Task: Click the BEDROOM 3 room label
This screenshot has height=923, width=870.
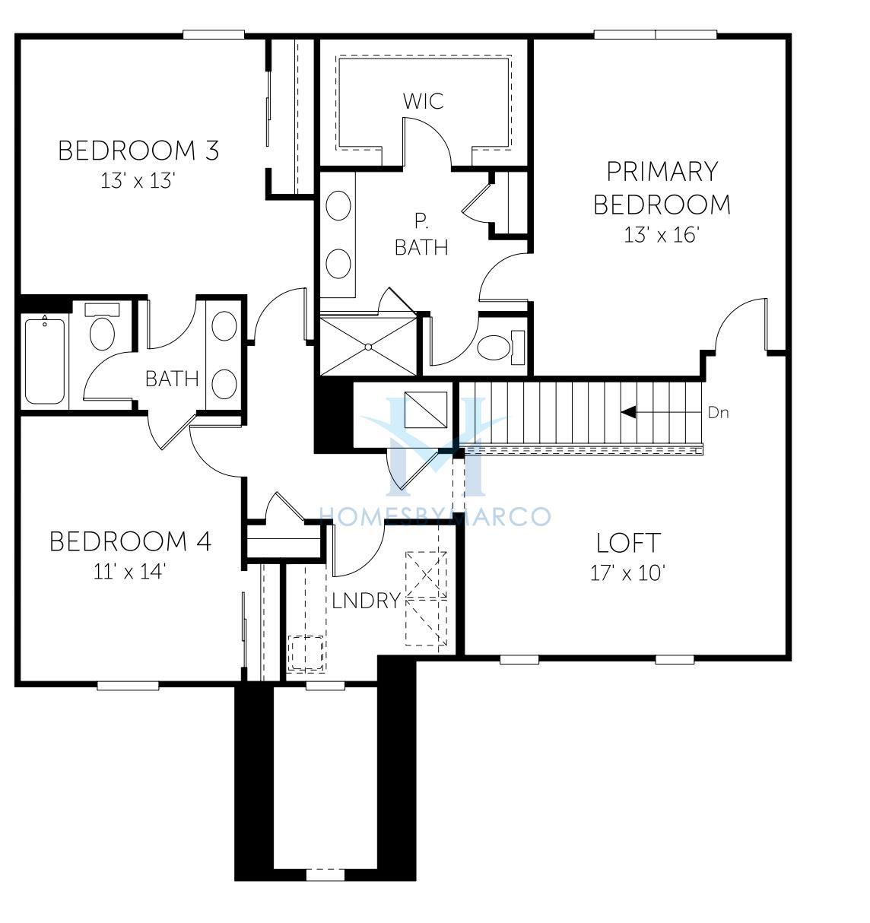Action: (138, 151)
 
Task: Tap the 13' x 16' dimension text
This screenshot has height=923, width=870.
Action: (661, 235)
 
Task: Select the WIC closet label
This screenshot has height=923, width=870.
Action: (423, 101)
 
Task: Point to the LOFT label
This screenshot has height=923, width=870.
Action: (628, 543)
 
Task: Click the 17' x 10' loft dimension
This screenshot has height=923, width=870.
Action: (628, 573)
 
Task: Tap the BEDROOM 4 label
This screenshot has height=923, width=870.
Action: (130, 542)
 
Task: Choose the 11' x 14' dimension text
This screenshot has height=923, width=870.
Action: (130, 572)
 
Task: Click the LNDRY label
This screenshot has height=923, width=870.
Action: (367, 601)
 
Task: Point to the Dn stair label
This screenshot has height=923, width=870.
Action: (718, 413)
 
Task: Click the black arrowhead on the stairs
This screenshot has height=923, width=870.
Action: (629, 412)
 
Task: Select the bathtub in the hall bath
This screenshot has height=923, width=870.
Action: (45, 361)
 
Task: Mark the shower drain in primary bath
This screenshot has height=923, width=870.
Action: (368, 347)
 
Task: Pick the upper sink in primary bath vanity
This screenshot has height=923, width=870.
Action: (338, 205)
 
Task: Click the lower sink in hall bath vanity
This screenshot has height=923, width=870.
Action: (224, 384)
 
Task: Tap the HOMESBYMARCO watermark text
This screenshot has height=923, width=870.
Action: (435, 516)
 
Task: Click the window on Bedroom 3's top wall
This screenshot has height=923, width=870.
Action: (214, 34)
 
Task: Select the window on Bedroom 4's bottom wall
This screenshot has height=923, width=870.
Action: (128, 686)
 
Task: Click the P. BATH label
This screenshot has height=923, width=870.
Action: (421, 235)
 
